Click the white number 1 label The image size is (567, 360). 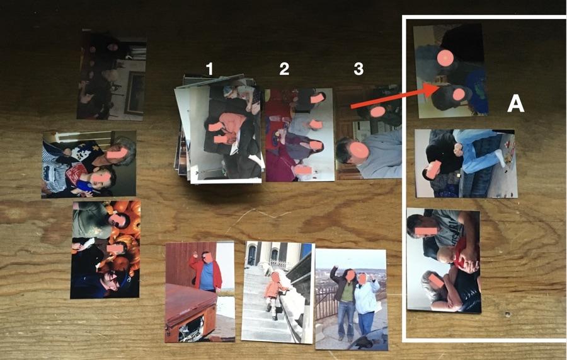[x=209, y=68]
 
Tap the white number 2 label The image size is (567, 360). [x=284, y=68]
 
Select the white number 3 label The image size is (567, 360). [x=358, y=68]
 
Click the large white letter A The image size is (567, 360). [x=515, y=104]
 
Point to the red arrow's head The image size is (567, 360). [x=432, y=90]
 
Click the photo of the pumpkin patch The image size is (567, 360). [x=105, y=250]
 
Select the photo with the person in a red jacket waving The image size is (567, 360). [x=200, y=292]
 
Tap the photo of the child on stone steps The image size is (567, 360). [x=277, y=292]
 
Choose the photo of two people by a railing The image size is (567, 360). [x=352, y=299]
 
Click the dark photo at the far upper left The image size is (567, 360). [x=112, y=75]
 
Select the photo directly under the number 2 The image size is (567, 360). [x=300, y=134]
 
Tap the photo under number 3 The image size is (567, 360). [x=369, y=132]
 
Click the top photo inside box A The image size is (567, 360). [x=450, y=71]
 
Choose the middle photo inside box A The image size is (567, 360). [x=466, y=163]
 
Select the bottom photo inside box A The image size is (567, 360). [x=444, y=260]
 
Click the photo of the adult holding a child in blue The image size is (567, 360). [x=89, y=165]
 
